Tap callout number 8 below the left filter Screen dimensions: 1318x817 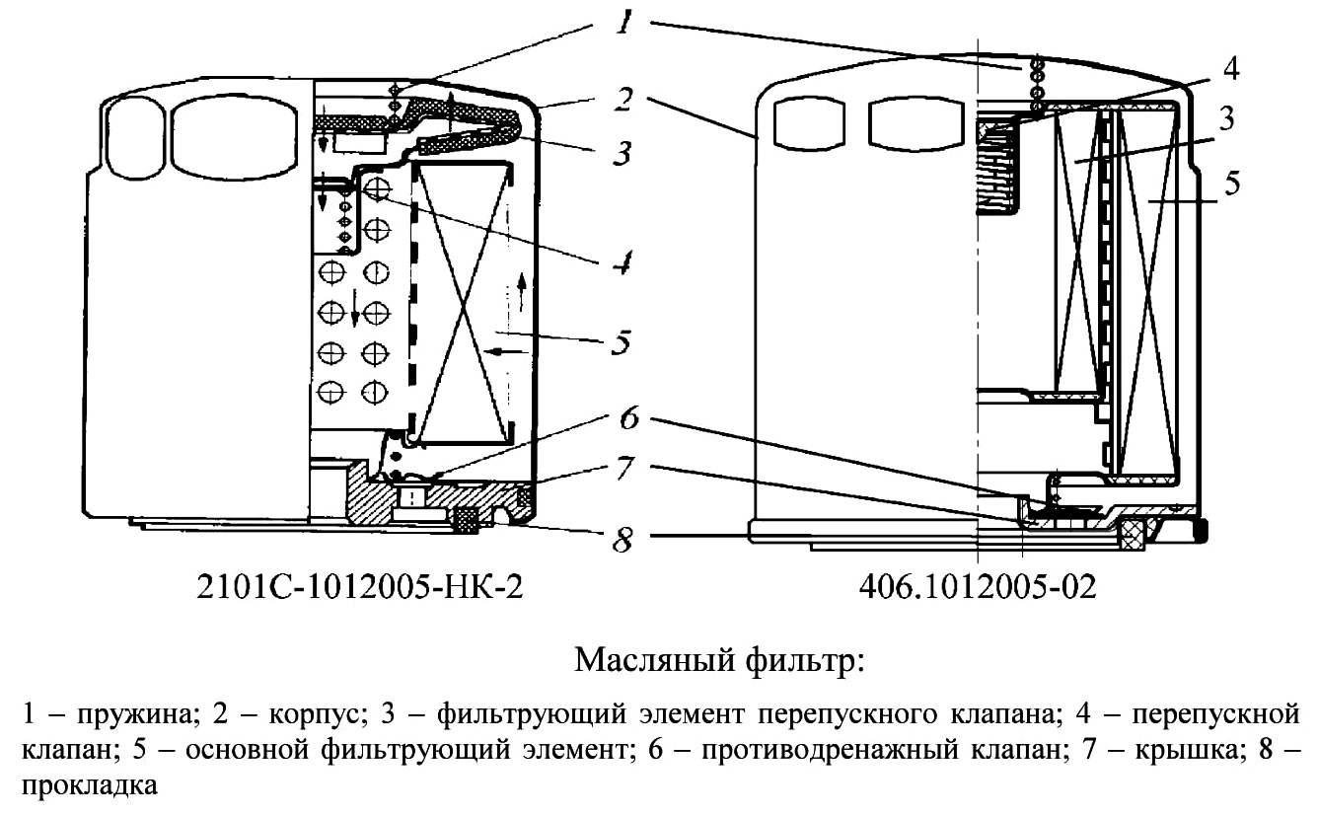622,539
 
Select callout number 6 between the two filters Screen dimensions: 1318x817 628,418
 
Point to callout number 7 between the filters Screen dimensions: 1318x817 624,468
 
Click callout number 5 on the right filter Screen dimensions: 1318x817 1232,183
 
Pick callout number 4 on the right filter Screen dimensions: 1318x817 1231,69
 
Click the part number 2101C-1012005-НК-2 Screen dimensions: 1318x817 359,587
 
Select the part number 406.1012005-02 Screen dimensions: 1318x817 978,587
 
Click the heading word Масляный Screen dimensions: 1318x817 654,661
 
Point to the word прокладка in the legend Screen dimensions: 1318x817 90,785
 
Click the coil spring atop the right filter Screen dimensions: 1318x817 1038,83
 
